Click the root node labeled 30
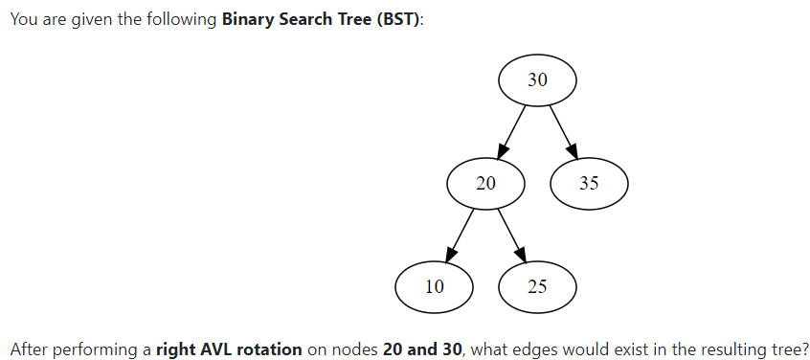(537, 80)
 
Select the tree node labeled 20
(485, 183)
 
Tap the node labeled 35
(589, 183)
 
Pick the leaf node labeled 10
(434, 285)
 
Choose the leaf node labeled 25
(537, 285)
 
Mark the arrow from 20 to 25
(512, 234)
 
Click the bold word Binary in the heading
(247, 21)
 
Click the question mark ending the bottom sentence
(805, 349)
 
